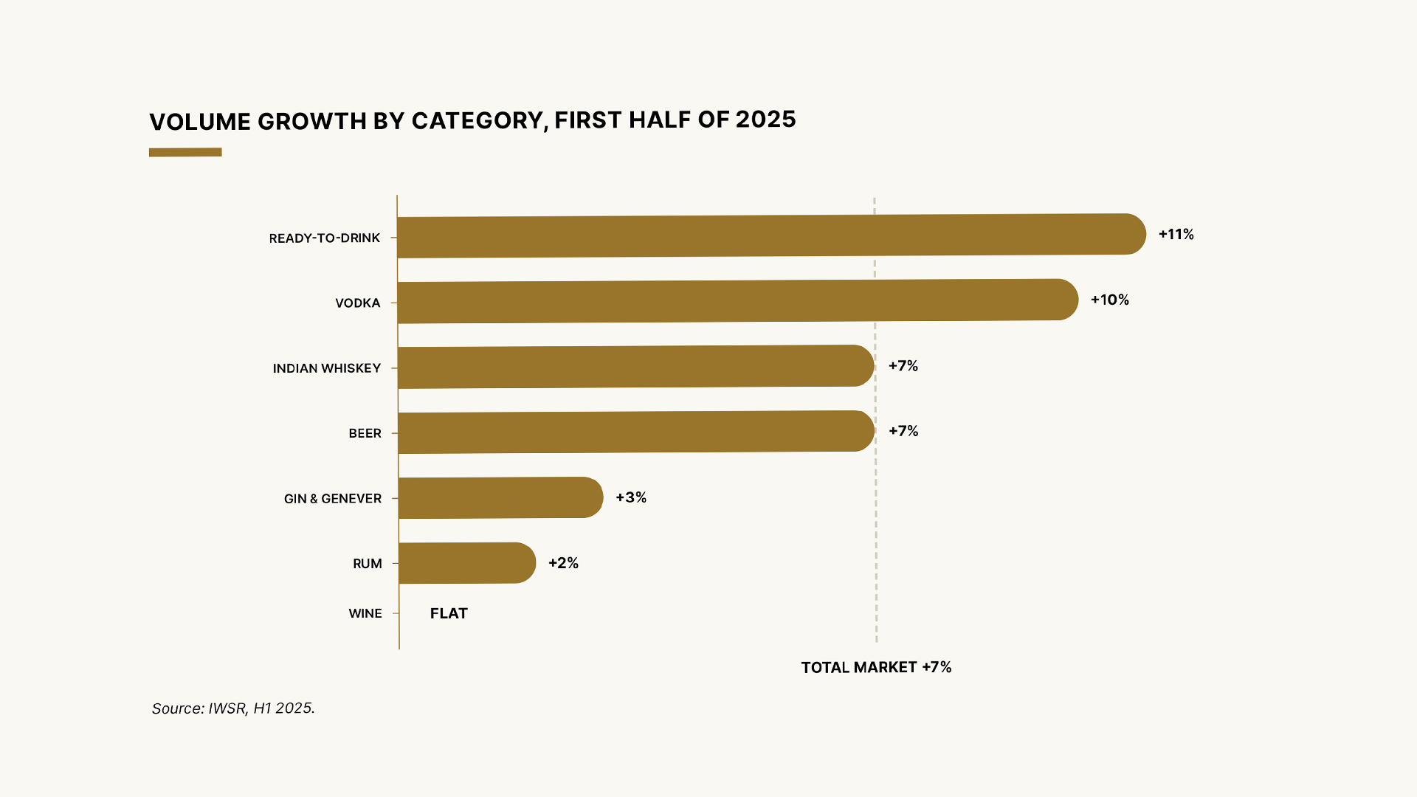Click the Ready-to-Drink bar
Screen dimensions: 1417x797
pos(771,235)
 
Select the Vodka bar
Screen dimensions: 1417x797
pos(738,301)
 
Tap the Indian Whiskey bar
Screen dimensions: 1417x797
pos(636,366)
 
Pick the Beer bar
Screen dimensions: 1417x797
pos(636,432)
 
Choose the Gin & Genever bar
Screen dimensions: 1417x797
pos(501,497)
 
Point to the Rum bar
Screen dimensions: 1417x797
pos(467,563)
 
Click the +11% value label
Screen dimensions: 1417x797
pos(1176,235)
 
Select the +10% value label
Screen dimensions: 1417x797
pos(1110,300)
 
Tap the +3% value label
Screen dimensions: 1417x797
pos(631,497)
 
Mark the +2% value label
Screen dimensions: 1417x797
pos(563,563)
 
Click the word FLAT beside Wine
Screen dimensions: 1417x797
pos(449,613)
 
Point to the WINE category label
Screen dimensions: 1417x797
pos(365,613)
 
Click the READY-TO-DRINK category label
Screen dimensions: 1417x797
pos(325,238)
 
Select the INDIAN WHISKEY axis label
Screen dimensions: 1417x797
pos(327,368)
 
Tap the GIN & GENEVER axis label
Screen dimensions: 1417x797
pos(333,499)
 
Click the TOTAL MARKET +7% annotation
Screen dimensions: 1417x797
pos(876,667)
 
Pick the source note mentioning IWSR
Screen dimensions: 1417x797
pos(233,708)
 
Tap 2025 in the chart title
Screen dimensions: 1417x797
pos(765,119)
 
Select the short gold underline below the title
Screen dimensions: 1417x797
pos(185,153)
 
